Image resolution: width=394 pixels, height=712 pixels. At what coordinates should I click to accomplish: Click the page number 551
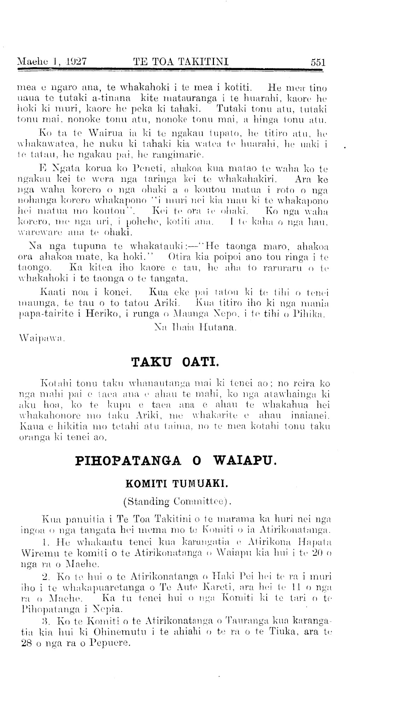pos(318,63)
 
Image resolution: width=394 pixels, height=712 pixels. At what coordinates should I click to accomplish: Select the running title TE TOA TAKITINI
pos(180,63)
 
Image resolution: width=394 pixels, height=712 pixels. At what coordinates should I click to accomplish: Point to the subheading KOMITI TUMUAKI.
pos(175,483)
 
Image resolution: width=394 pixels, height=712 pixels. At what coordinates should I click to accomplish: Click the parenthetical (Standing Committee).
pos(176,501)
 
